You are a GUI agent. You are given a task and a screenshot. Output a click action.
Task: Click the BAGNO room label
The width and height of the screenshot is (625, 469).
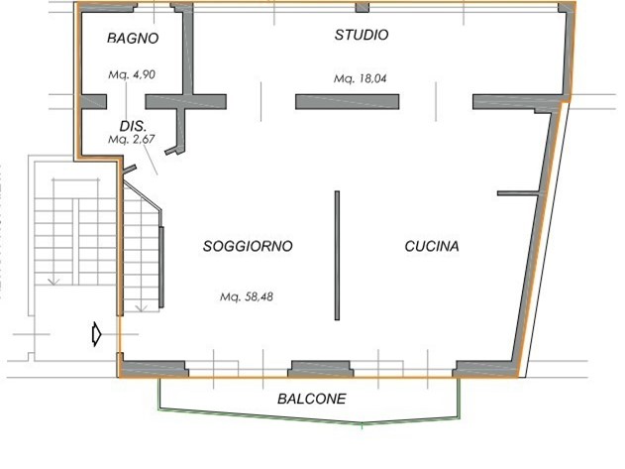[133, 39]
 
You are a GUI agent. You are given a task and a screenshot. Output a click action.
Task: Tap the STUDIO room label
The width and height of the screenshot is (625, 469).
[361, 35]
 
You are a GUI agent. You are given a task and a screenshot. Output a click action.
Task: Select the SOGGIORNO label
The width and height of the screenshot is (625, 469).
[248, 247]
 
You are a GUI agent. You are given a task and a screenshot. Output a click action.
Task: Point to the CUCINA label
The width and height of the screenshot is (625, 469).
[432, 247]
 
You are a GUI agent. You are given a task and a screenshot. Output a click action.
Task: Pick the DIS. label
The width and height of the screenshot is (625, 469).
[133, 127]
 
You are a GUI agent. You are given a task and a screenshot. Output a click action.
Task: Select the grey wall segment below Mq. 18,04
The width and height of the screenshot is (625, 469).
[347, 100]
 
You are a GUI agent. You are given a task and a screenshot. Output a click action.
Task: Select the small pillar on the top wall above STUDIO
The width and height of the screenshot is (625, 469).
[362, 8]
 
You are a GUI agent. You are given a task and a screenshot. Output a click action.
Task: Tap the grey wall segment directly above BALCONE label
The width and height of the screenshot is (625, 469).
[319, 367]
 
